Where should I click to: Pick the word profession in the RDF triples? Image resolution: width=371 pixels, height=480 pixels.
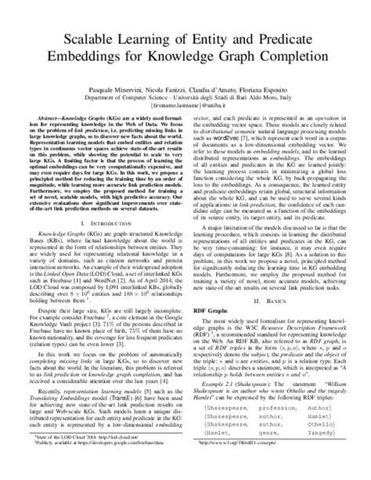(x=266, y=420)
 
